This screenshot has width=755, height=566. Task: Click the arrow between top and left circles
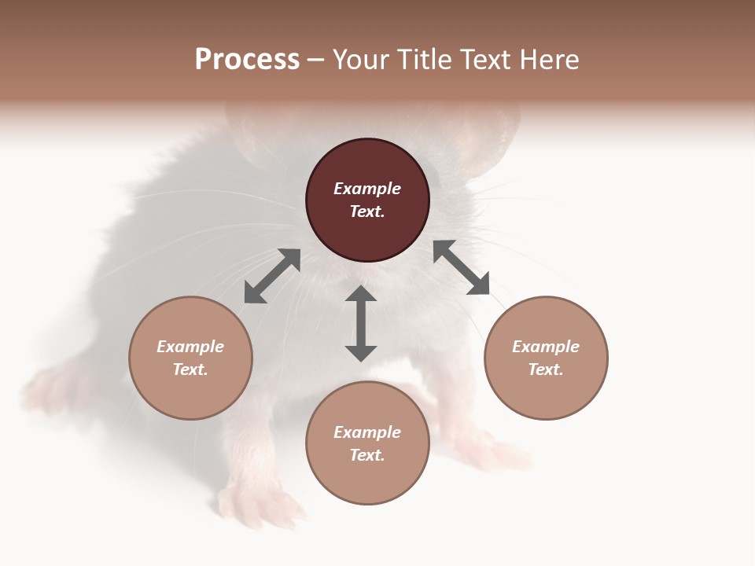272,276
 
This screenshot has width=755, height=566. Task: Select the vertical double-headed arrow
361,323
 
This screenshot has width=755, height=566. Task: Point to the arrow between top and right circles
461,267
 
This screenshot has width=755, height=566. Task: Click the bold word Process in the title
247,60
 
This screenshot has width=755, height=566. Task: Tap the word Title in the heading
425,60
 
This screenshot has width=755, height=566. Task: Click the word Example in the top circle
367,189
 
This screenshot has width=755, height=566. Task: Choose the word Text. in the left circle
190,369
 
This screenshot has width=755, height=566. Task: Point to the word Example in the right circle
546,347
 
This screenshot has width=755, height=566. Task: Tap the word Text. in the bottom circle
367,455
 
